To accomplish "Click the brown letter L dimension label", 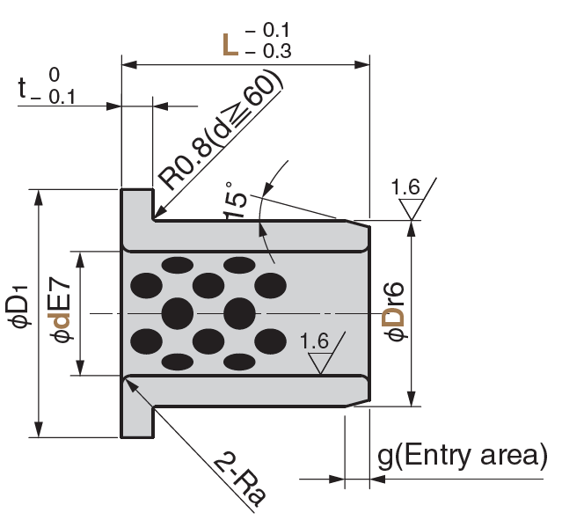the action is click(230, 45).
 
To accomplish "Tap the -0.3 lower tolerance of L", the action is click(268, 51).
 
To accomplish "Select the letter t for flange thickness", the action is click(22, 88).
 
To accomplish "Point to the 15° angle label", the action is click(235, 201).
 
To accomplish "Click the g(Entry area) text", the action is click(463, 456).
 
